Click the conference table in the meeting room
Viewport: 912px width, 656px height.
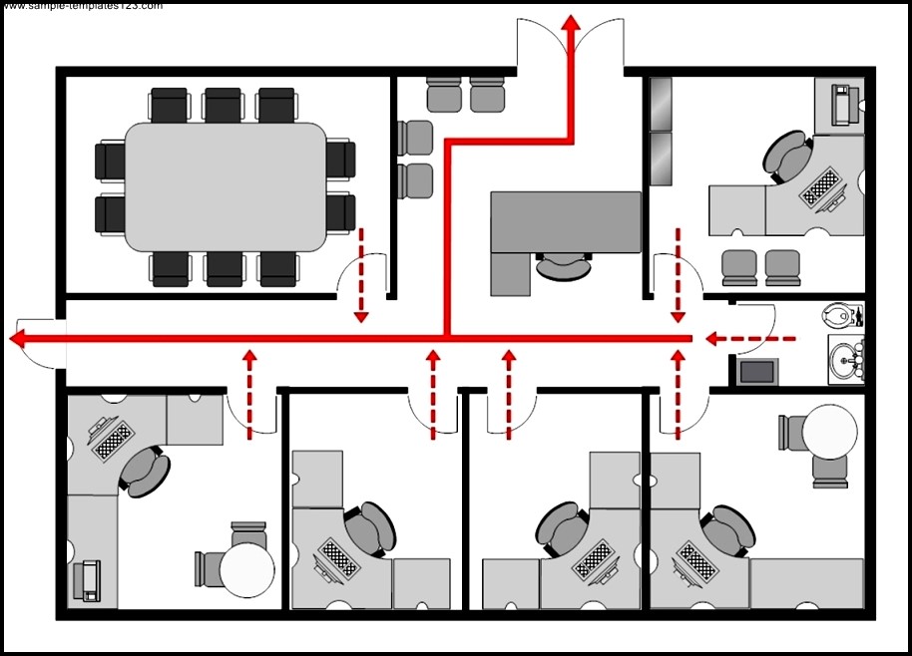226,186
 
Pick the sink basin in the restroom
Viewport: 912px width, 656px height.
846,358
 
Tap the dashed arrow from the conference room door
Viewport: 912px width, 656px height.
361,275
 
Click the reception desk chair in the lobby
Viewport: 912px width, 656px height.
563,267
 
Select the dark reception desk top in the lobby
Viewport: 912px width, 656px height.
566,221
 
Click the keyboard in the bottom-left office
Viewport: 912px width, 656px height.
112,439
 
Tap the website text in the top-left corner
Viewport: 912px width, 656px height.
80,6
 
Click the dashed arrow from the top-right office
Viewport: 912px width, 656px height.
679,275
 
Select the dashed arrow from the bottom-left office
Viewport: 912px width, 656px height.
250,393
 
